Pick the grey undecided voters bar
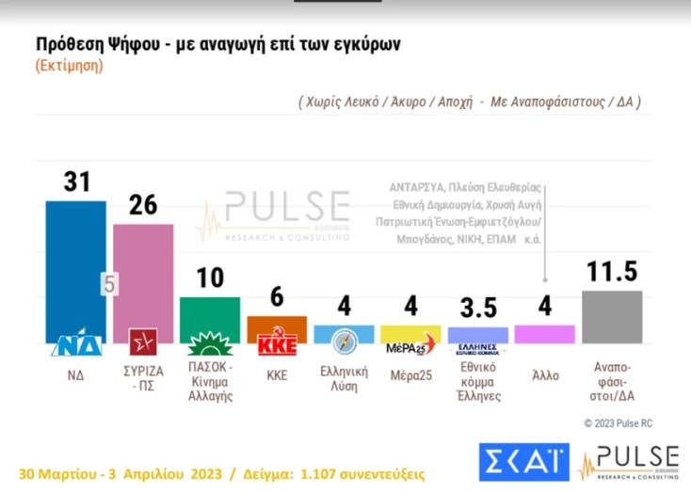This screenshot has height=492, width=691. [612, 317]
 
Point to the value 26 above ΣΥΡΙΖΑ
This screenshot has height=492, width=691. [142, 205]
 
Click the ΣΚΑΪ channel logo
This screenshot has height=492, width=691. [522, 461]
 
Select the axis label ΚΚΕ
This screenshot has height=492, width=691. [276, 374]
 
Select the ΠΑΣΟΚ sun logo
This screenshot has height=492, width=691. [209, 342]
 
